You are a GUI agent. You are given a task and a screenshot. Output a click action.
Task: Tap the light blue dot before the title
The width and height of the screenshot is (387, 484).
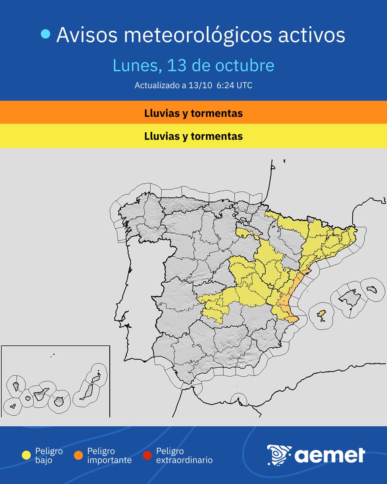pyautogui.click(x=46, y=35)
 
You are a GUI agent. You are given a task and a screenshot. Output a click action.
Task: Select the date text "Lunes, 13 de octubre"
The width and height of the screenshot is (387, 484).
pyautogui.click(x=193, y=65)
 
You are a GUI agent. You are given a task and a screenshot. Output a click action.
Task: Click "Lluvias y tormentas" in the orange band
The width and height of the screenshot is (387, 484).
pyautogui.click(x=193, y=113)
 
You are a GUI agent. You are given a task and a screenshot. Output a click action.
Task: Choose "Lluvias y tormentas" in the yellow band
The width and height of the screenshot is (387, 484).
pyautogui.click(x=193, y=136)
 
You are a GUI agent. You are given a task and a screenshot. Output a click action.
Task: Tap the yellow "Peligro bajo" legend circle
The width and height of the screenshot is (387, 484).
pyautogui.click(x=27, y=455)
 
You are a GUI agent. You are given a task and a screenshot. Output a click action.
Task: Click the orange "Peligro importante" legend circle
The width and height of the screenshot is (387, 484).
pyautogui.click(x=79, y=455)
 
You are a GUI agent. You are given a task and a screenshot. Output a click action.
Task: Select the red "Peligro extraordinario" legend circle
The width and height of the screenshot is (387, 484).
pyautogui.click(x=148, y=455)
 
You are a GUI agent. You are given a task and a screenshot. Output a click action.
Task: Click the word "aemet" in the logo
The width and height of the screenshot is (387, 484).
pyautogui.click(x=330, y=455)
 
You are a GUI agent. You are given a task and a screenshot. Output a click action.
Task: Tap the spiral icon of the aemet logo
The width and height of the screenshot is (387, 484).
pyautogui.click(x=279, y=455)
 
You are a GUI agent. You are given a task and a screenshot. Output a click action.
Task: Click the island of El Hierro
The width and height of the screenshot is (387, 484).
pyautogui.click(x=12, y=406)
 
